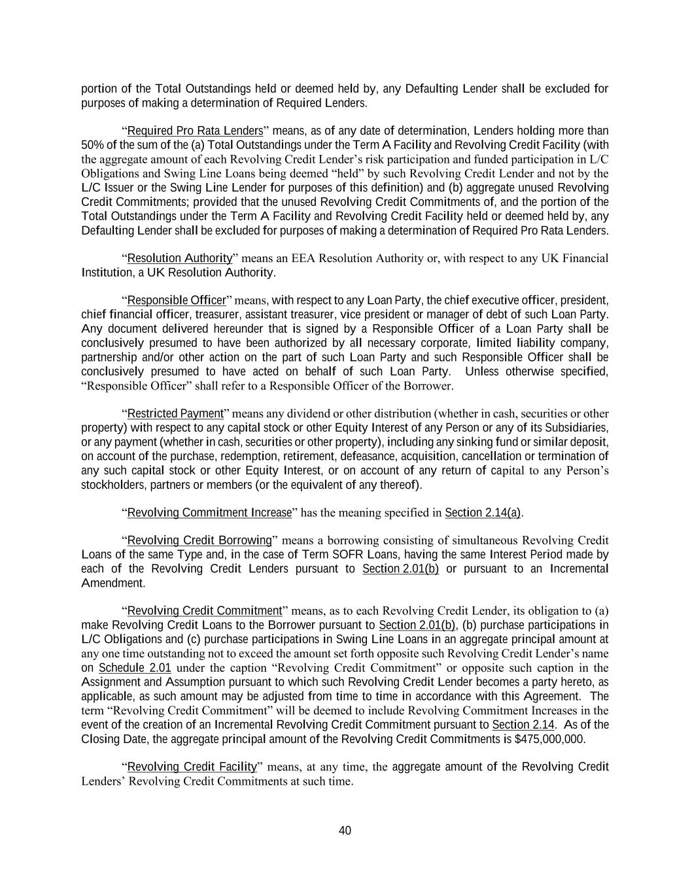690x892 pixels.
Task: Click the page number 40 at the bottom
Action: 345,831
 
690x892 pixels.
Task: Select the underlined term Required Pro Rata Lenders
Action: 195,131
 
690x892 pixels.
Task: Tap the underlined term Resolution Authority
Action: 180,258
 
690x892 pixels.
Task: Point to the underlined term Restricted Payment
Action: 175,414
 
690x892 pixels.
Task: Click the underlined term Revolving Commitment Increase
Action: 209,513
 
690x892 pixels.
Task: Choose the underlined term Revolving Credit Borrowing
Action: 199,540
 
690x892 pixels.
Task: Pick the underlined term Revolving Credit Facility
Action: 192,767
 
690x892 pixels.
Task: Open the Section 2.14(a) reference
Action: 483,513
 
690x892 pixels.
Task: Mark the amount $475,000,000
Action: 550,739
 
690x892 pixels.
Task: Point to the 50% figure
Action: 92,145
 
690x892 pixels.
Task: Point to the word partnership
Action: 108,357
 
